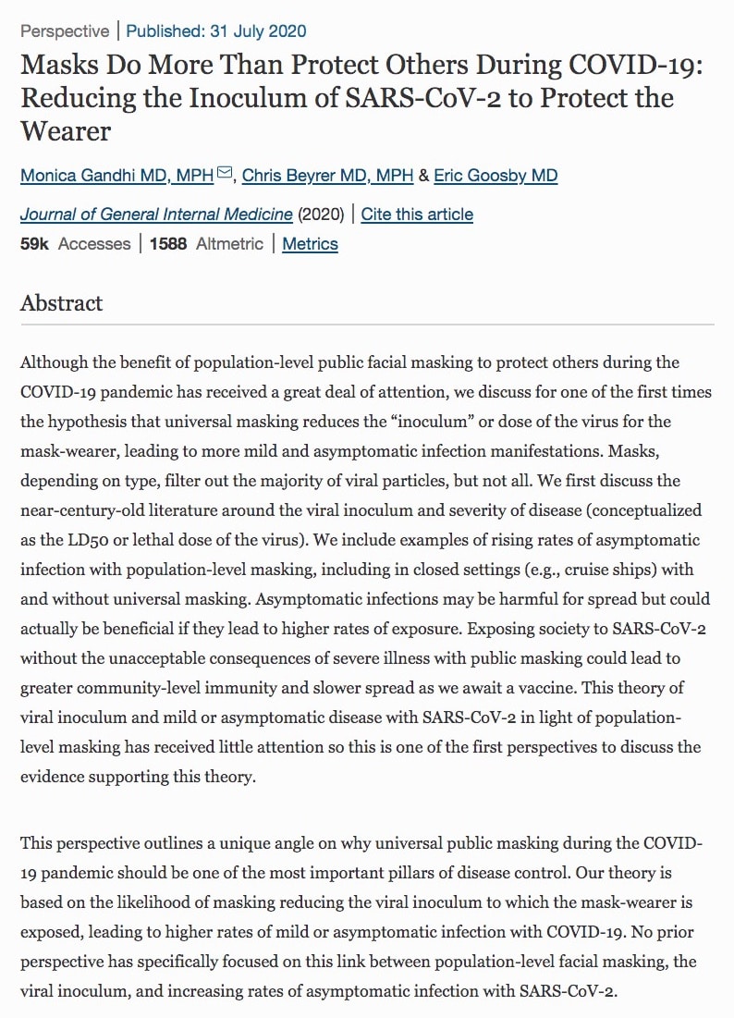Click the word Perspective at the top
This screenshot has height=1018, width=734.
(x=65, y=31)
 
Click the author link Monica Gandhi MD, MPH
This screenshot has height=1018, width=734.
(x=116, y=175)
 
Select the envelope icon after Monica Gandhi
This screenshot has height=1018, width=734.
(x=225, y=174)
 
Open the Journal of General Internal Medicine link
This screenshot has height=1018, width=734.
(x=156, y=215)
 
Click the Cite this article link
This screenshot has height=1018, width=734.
(x=417, y=215)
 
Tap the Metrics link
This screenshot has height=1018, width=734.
(x=310, y=244)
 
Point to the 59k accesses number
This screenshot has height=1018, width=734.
(x=34, y=244)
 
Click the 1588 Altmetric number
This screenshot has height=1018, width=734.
(x=168, y=244)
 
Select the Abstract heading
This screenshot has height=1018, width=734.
(x=62, y=303)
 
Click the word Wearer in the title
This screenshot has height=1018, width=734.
(x=66, y=130)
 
